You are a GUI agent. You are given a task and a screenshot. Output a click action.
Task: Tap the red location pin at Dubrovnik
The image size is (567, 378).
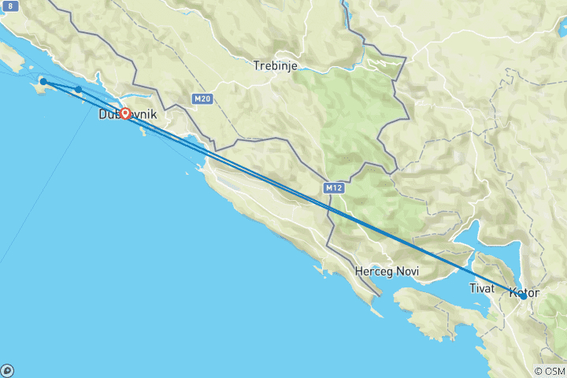click(125, 113)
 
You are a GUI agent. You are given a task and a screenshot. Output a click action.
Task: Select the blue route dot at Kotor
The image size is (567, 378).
click(523, 296)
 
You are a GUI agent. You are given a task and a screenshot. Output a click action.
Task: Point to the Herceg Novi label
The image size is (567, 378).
click(387, 271)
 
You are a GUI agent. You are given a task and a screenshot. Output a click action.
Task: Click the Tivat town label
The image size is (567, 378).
click(481, 288)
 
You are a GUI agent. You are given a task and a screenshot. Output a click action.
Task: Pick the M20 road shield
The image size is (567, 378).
click(202, 98)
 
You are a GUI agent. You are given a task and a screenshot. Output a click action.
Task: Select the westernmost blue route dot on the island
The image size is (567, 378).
click(44, 82)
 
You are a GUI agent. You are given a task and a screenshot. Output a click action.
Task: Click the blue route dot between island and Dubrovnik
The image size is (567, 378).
click(79, 90)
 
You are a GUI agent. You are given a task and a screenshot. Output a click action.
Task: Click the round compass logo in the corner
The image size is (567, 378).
click(7, 370)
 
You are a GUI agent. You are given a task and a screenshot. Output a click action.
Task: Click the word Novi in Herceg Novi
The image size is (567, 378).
click(407, 271)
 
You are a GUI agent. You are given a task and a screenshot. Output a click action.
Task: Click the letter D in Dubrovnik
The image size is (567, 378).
click(103, 115)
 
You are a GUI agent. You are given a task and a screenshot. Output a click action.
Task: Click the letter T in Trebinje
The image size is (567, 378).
click(257, 65)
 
